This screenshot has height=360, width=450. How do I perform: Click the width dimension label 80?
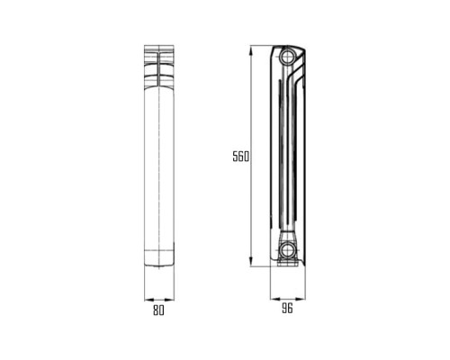[158, 310]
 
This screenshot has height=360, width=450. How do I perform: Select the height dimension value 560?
[239, 157]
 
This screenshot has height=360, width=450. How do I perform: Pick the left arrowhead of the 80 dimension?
[147, 299]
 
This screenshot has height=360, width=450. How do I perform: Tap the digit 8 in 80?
[156, 310]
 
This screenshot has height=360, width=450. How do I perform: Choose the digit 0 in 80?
[162, 310]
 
